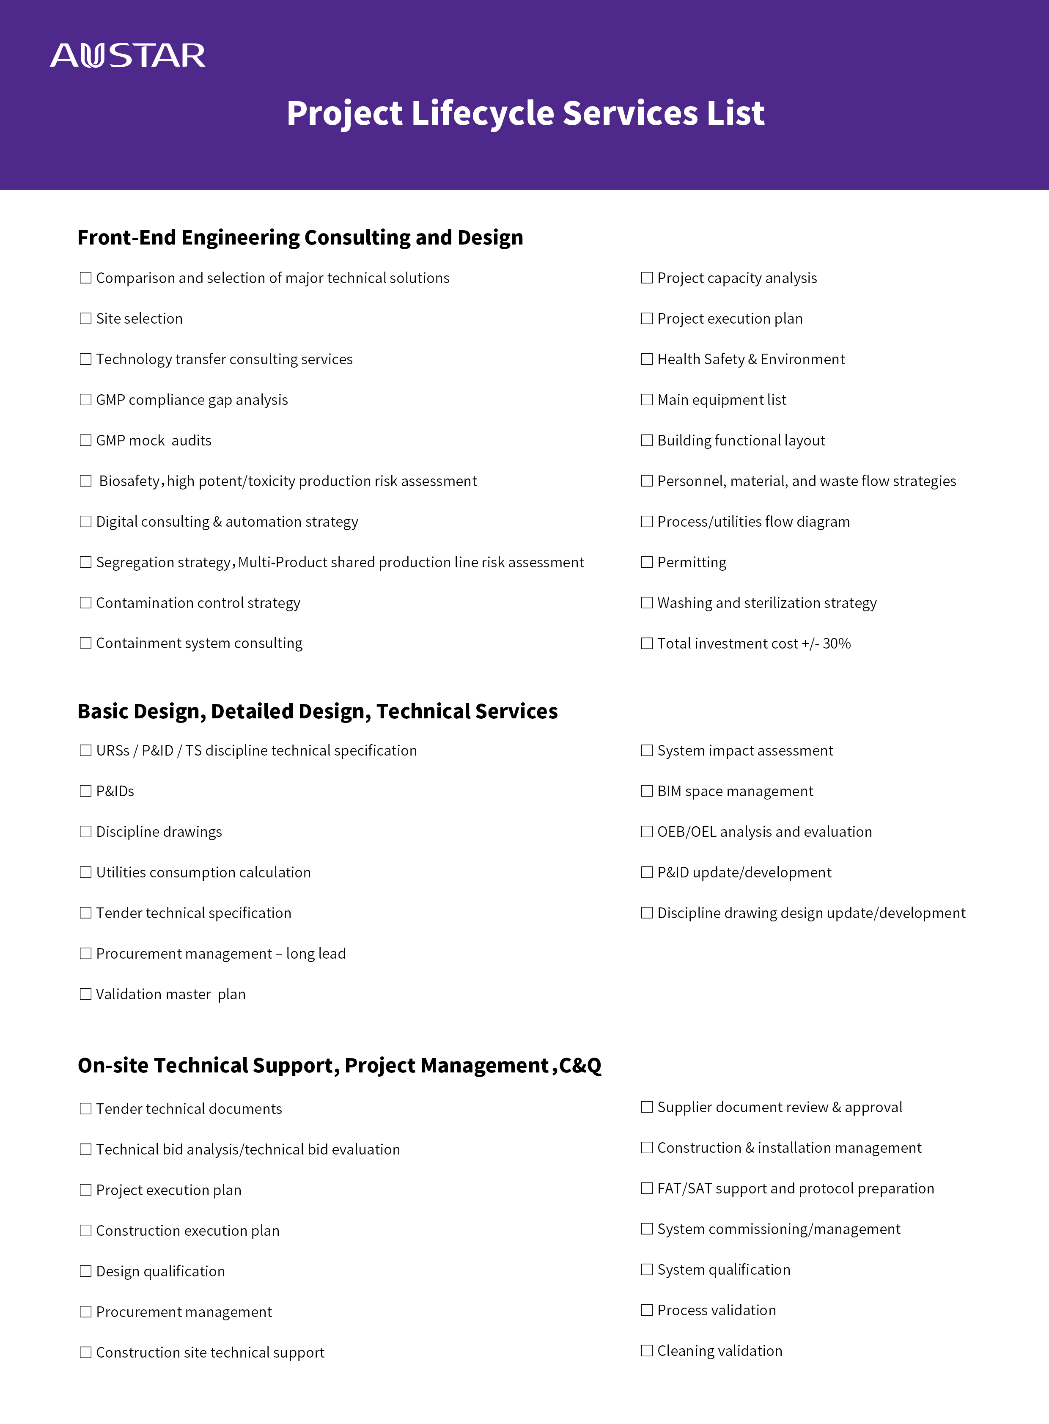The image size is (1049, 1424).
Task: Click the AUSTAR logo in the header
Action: (128, 56)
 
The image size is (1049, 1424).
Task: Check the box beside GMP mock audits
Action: (85, 440)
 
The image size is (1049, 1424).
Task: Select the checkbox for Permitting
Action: (646, 562)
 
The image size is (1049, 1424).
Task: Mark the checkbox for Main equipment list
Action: (646, 399)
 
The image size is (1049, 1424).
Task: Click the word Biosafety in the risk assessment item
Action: (129, 481)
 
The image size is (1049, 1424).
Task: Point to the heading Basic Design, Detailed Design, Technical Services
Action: (318, 711)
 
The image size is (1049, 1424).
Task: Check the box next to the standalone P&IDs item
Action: (85, 791)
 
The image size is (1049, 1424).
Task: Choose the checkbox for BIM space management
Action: (646, 791)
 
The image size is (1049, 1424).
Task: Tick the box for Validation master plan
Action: (85, 994)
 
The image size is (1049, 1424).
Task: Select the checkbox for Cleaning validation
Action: (646, 1350)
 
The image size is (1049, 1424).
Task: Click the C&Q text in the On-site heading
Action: (580, 1066)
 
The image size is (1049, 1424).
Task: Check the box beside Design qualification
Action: (85, 1271)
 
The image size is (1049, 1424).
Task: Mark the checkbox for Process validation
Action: (646, 1310)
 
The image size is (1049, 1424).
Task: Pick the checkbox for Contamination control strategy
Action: (85, 603)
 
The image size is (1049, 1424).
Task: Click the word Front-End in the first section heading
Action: (126, 238)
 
